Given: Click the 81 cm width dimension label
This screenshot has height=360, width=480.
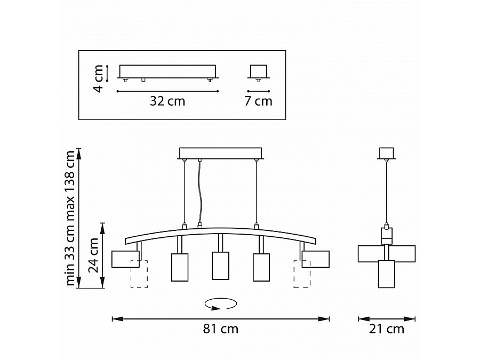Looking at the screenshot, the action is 220,329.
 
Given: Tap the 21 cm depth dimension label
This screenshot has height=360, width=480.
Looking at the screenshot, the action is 386,329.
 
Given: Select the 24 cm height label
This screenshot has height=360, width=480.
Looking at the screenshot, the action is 93,255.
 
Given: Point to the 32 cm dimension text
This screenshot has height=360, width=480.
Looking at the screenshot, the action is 167,101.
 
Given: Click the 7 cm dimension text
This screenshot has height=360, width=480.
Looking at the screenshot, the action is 258,101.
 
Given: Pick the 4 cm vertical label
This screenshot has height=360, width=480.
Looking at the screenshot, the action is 98,78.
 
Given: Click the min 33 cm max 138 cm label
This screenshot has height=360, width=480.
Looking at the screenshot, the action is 70,218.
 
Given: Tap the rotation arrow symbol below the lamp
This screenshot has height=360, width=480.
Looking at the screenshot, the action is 221,304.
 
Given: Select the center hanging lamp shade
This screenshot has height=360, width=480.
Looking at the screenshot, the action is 220,266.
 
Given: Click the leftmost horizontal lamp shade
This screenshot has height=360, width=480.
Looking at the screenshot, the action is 125,259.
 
